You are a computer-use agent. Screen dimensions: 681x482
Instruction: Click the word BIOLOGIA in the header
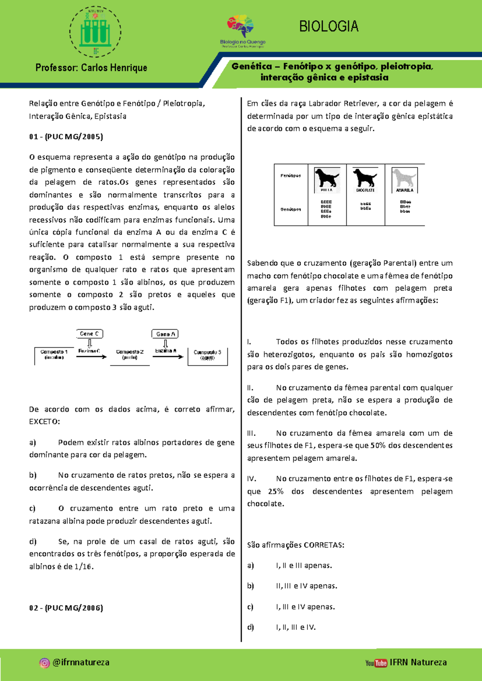329,27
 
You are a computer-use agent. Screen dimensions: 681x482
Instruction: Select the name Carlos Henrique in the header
114,67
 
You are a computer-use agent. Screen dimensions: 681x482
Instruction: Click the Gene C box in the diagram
90,334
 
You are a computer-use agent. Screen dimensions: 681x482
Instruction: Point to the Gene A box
165,334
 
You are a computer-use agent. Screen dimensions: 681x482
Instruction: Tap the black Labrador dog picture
327,179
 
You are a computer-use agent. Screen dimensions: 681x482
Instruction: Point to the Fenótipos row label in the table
291,175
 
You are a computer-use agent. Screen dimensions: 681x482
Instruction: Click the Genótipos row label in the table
291,209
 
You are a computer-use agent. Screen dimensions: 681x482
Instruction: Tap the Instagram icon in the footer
45,663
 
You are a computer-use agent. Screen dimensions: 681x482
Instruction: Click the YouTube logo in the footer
376,663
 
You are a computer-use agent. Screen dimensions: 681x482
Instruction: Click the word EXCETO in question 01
44,422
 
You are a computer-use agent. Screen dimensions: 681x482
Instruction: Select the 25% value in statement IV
276,491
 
